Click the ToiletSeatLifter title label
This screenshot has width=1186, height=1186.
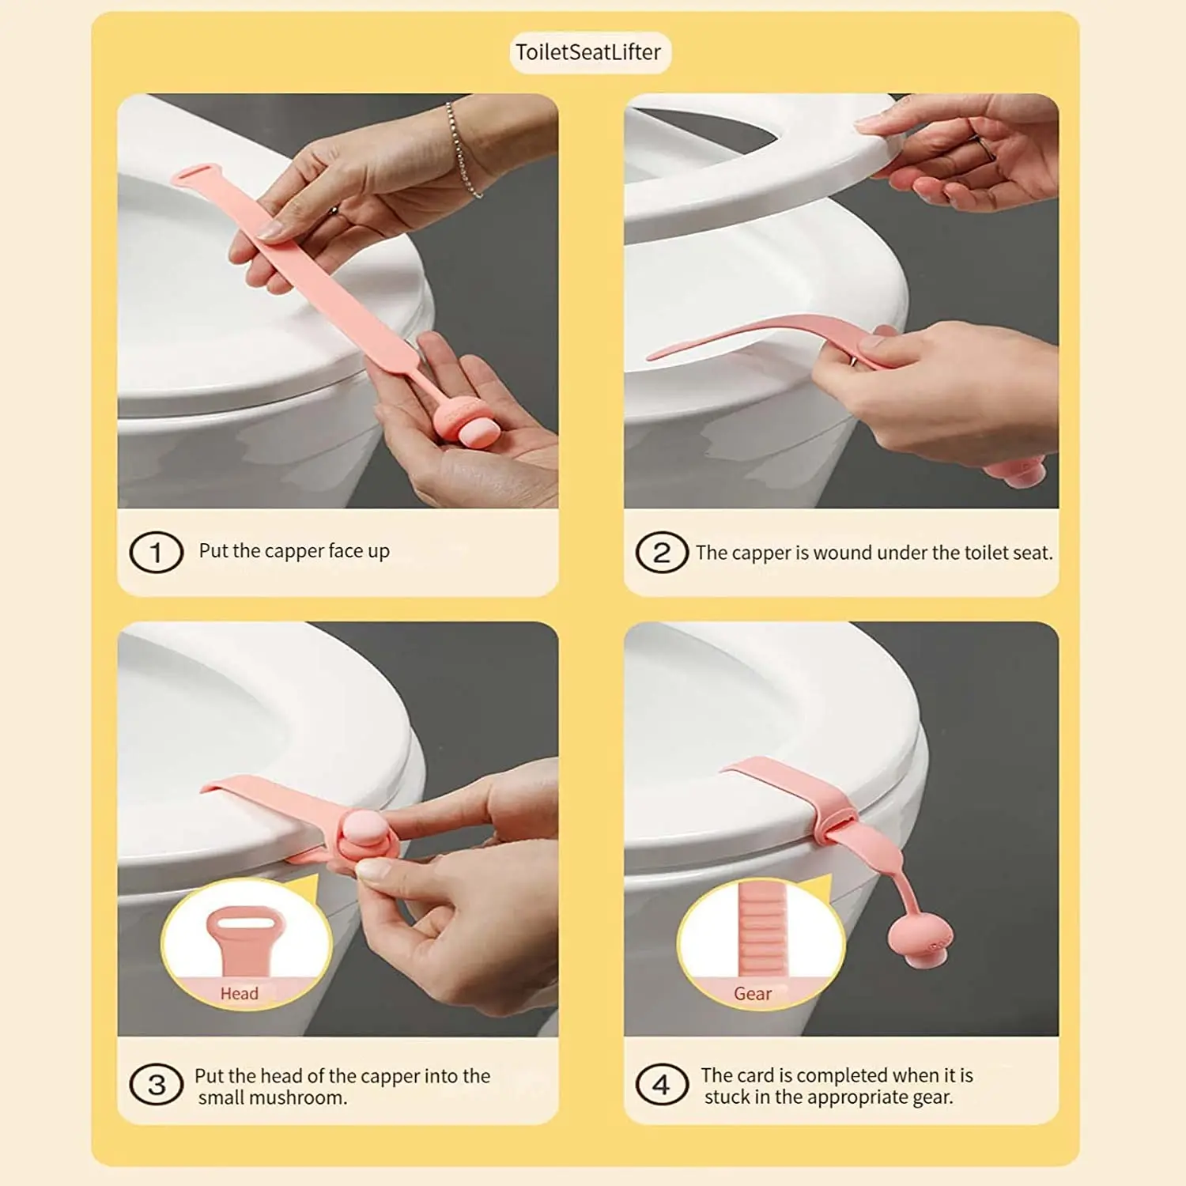pyautogui.click(x=588, y=52)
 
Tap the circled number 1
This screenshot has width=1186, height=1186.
pyautogui.click(x=156, y=552)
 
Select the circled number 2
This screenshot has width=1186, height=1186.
pyautogui.click(x=661, y=552)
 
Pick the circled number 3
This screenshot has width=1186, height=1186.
pyautogui.click(x=157, y=1085)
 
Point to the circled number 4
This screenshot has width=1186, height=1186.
pyautogui.click(x=661, y=1085)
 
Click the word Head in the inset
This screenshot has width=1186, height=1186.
pyautogui.click(x=239, y=993)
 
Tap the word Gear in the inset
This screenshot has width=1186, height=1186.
pyautogui.click(x=752, y=994)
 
